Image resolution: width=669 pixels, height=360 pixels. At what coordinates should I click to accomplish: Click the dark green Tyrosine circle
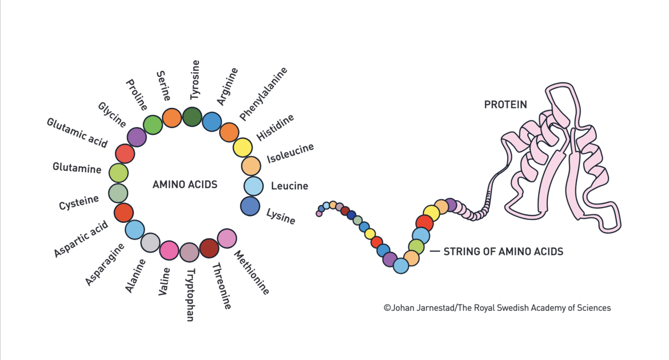coord(193,117)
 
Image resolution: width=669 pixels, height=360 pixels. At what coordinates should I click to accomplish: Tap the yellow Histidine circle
coord(242,148)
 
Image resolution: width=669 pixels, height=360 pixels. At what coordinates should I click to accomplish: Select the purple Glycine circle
coord(137,137)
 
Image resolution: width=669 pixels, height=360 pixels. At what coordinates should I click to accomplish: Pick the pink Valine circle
coord(169,250)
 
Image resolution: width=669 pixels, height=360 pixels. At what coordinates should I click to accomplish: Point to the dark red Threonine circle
coord(209,249)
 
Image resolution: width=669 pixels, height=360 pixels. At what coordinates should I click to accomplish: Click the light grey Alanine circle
coord(150,243)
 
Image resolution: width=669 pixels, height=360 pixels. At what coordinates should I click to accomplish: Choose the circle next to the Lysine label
coord(250,206)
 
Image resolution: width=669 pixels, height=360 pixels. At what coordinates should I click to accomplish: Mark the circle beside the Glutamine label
coord(118,173)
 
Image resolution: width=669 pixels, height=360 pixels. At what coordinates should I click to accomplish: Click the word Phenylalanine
coord(264,94)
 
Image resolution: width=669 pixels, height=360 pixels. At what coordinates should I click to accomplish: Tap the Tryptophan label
coord(190,294)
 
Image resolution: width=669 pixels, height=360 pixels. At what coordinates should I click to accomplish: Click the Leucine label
coord(289,186)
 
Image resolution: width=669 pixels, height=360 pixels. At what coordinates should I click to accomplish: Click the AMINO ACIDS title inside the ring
coord(185,185)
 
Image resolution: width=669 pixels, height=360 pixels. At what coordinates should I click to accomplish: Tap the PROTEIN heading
coord(505,105)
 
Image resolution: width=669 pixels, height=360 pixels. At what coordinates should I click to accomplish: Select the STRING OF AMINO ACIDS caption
coord(503,251)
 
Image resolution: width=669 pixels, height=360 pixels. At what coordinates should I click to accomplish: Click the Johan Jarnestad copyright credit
coord(497,308)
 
